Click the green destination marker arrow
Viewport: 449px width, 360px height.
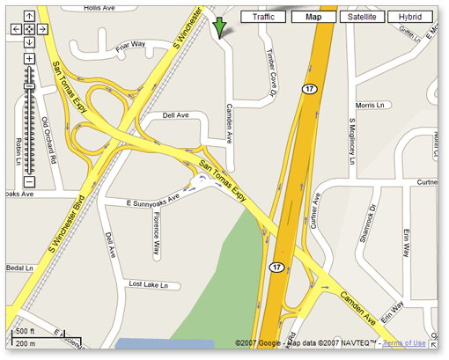click(218, 26)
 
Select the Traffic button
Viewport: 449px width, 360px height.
click(263, 17)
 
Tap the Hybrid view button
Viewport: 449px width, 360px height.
click(409, 17)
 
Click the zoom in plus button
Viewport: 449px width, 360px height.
click(29, 59)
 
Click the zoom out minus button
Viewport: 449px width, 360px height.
click(29, 181)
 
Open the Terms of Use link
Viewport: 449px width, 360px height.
click(404, 342)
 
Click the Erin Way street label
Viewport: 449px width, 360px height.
click(408, 237)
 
